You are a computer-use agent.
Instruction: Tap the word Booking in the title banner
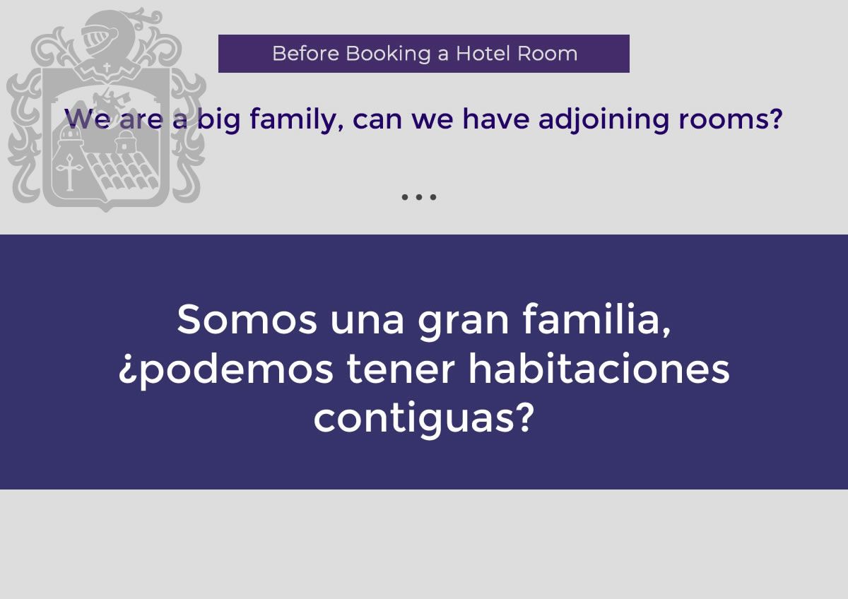388,54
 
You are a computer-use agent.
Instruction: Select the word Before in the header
305,54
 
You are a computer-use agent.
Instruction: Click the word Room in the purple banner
547,54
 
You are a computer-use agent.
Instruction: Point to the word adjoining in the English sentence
603,120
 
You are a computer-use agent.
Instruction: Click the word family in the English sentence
296,120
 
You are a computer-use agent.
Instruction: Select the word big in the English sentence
219,120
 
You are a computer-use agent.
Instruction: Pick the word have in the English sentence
495,119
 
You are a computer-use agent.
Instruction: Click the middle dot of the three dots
418,197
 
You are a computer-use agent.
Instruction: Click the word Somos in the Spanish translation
247,319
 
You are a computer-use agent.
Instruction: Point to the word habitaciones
599,368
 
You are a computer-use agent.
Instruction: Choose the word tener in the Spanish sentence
400,369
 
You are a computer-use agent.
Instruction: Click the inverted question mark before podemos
126,372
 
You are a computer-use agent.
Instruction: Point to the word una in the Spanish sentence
367,324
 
